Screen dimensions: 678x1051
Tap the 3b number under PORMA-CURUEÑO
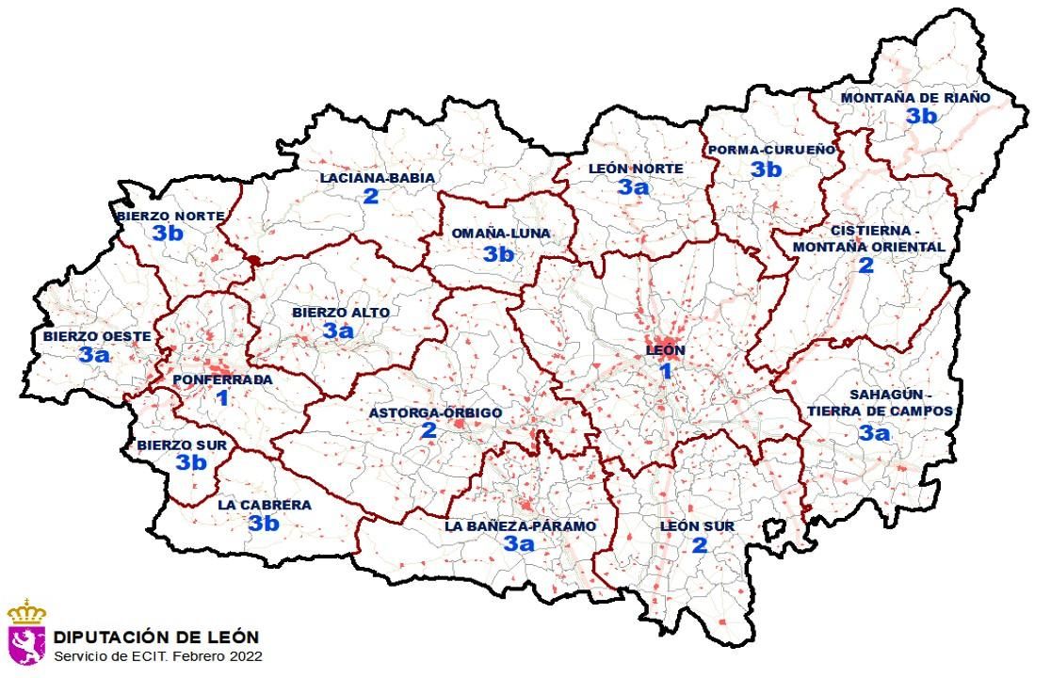tap(766, 169)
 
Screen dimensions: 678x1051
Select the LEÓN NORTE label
tap(636, 169)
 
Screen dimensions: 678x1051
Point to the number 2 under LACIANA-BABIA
tap(370, 196)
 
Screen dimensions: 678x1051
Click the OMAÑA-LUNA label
tap(500, 234)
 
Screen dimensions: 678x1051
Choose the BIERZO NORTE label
tap(170, 216)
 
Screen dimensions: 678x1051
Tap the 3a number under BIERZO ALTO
tap(338, 331)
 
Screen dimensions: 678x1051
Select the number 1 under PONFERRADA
tap(222, 398)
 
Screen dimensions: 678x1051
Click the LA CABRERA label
tap(264, 505)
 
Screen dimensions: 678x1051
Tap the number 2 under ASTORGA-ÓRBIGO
tap(428, 431)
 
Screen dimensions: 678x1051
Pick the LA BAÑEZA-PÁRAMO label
tap(520, 526)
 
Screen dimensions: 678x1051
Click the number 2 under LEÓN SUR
tap(699, 545)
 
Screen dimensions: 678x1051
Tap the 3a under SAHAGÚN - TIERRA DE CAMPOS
tap(874, 432)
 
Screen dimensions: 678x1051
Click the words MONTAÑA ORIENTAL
tap(866, 247)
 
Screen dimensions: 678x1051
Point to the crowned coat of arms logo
tap(26, 632)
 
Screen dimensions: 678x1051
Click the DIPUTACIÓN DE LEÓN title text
tap(156, 638)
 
